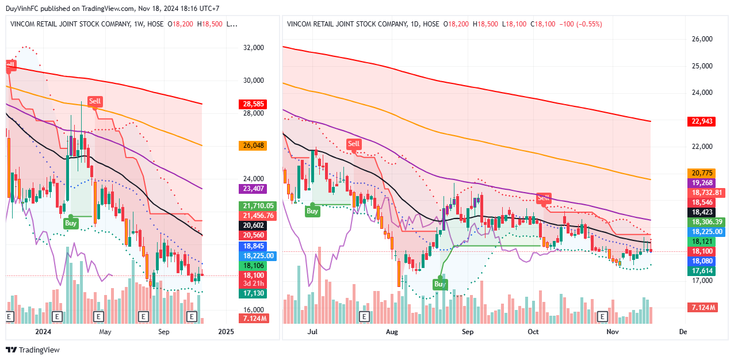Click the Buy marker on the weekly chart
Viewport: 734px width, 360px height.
click(70, 223)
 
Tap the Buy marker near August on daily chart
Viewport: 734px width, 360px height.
click(440, 284)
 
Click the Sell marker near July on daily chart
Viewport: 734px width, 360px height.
click(353, 144)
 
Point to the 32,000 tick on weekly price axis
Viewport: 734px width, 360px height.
click(254, 48)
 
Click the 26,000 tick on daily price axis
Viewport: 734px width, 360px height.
click(702, 39)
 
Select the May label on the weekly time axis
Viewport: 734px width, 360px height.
click(105, 332)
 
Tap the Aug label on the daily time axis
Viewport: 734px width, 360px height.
click(392, 332)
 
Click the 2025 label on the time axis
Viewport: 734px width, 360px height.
click(227, 332)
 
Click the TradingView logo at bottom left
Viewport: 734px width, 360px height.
click(33, 350)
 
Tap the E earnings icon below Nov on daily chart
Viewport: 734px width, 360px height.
click(602, 316)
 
